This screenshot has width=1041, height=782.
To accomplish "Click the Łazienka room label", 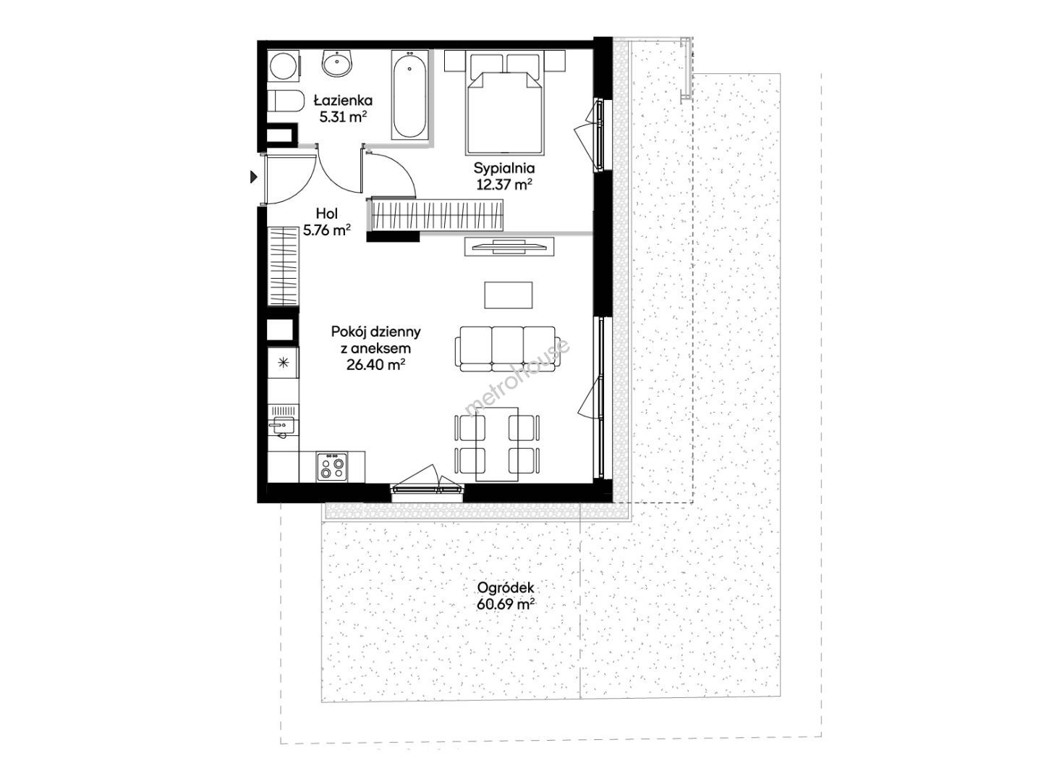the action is pos(344,101).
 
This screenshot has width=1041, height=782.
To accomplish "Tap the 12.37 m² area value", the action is pos(504,184).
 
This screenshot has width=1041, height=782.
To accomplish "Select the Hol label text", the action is pos(327,214).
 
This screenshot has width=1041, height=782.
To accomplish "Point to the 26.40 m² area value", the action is pos(375,364).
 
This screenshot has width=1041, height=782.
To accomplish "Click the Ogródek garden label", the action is pos(506,587).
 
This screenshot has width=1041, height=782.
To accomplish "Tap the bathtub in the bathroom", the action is pos(410,95).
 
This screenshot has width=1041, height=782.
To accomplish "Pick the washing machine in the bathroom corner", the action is pos(284,65).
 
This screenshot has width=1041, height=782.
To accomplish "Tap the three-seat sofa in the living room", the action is pos(505,349).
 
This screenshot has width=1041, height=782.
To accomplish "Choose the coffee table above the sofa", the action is pos(508,295).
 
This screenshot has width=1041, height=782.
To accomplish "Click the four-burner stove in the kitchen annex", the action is pos(332,467).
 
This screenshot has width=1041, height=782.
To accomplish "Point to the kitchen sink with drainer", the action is pos(283,421).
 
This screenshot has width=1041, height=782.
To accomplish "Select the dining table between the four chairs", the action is pos(497,444).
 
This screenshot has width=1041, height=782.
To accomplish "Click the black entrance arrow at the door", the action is pos(254,177).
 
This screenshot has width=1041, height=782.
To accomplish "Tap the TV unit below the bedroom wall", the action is pos(509,247).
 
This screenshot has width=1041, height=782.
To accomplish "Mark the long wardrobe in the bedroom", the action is pos(436,214).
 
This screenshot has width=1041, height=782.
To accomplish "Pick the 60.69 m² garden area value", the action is pos(506,605).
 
